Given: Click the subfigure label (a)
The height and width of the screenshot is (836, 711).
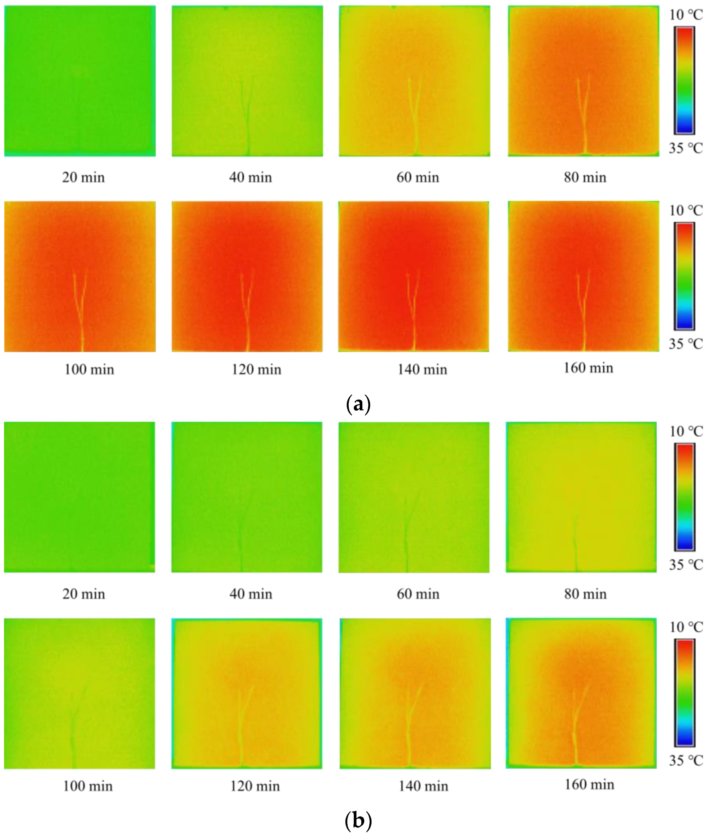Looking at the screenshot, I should coord(358,404).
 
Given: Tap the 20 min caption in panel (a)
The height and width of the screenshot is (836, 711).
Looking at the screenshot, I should coord(83,177).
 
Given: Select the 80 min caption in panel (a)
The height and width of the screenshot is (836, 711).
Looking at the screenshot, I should coord(585,177).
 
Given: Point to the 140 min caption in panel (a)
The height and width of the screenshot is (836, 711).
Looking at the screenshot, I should coord(422,369).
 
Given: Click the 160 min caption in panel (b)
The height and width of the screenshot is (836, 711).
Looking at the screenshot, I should coord(589,784).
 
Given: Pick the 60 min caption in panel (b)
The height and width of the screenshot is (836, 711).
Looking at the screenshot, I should coord(418,594).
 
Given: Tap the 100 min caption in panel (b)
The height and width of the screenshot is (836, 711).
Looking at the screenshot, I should coord(88,786).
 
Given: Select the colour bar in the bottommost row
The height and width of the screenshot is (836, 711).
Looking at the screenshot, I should coord(684,693).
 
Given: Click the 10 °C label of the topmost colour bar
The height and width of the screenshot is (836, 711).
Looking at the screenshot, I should coord(686,15).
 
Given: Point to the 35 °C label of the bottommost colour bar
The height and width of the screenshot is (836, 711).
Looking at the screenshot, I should coord(686,760).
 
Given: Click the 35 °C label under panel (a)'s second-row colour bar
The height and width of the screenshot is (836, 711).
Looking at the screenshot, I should coord(686,344).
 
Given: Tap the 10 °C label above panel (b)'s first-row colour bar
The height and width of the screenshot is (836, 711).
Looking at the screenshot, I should coord(686,431).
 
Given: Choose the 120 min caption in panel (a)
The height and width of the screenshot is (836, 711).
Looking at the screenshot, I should coord(256,369).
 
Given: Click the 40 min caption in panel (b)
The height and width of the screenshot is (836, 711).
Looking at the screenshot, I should coord(251,594).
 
